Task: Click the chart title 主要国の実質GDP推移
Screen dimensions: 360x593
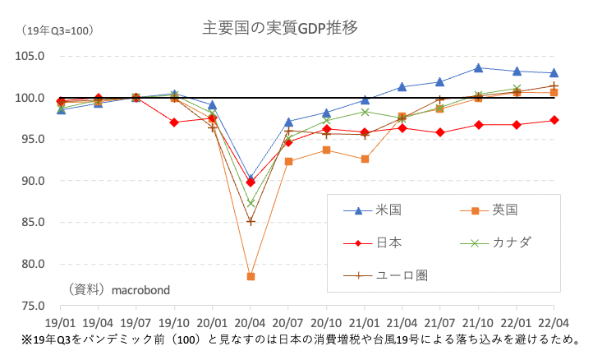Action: pos(280,29)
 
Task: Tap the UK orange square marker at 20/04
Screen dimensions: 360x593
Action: pos(251,277)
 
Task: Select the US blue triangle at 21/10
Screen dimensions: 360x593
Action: pos(478,67)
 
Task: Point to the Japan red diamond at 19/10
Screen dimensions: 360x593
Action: pos(174,122)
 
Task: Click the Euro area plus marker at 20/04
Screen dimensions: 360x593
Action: pos(251,222)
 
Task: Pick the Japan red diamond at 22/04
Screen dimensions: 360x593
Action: pos(554,120)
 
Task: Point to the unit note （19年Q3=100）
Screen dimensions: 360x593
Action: pos(57,31)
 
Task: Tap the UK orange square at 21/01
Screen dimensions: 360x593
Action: pos(365,159)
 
